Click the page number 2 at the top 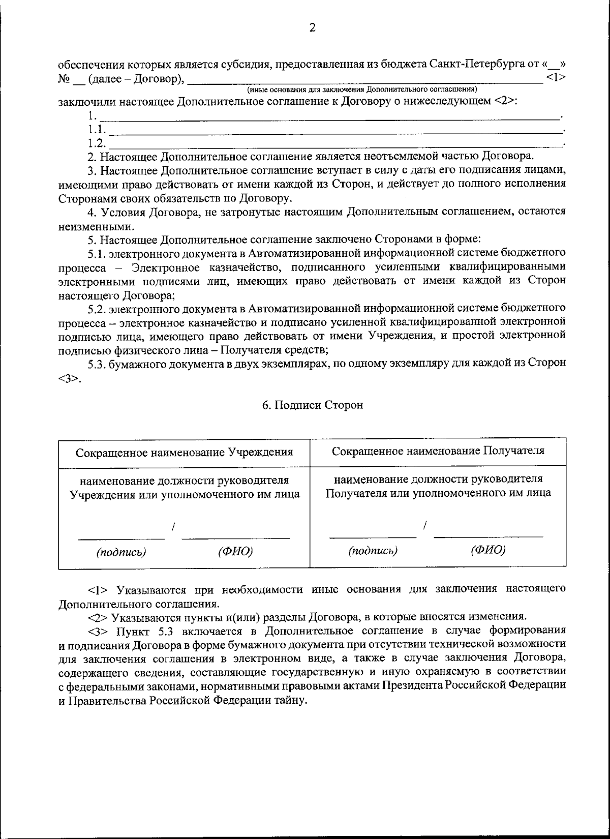[x=312, y=28]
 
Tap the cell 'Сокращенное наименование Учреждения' [x=184, y=452]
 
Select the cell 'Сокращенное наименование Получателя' [x=438, y=451]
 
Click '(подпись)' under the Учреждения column [x=121, y=552]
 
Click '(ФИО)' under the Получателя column [x=488, y=550]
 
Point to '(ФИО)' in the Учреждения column [x=235, y=552]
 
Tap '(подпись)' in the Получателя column [x=373, y=550]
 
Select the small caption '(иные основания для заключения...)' [x=361, y=89]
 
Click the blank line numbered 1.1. [x=335, y=130]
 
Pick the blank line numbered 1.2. [x=335, y=143]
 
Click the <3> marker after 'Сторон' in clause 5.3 [x=68, y=378]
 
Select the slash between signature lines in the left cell [x=173, y=527]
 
